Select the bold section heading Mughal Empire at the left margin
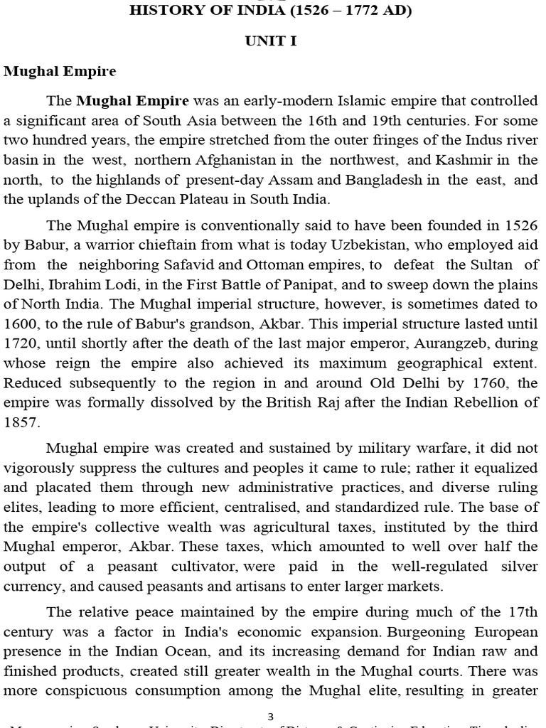click(x=60, y=72)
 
